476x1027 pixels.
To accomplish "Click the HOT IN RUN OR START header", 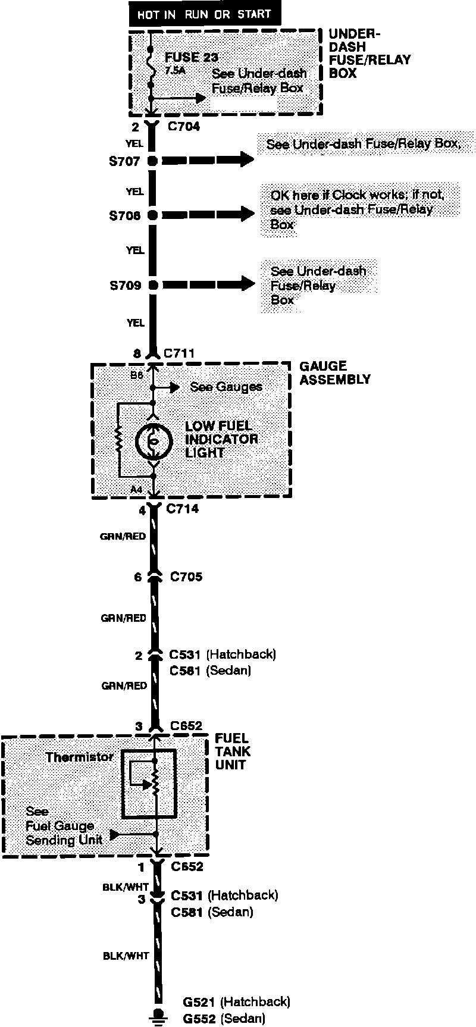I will click(204, 14).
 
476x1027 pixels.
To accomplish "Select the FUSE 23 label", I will click(191, 58).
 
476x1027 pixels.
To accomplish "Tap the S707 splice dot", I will click(152, 161).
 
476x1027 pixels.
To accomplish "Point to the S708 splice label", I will click(124, 216).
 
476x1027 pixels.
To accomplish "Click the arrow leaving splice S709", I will click(208, 284).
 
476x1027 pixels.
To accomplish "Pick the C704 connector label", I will click(183, 127).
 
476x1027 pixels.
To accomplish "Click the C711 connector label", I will click(179, 353).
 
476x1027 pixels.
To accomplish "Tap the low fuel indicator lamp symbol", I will click(153, 441).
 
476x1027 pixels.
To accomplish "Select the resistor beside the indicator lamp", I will click(120, 440).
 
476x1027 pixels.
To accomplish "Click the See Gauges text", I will click(226, 387).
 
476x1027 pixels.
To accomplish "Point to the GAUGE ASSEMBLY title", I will click(334, 373).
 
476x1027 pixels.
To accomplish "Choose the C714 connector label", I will click(183, 509).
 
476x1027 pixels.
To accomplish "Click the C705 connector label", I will click(186, 577).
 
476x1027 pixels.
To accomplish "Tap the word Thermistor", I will click(80, 757).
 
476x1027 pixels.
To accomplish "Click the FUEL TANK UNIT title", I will click(233, 752).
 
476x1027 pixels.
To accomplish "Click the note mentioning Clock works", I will click(357, 209).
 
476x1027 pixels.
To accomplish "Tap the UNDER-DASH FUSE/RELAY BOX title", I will click(369, 54).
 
